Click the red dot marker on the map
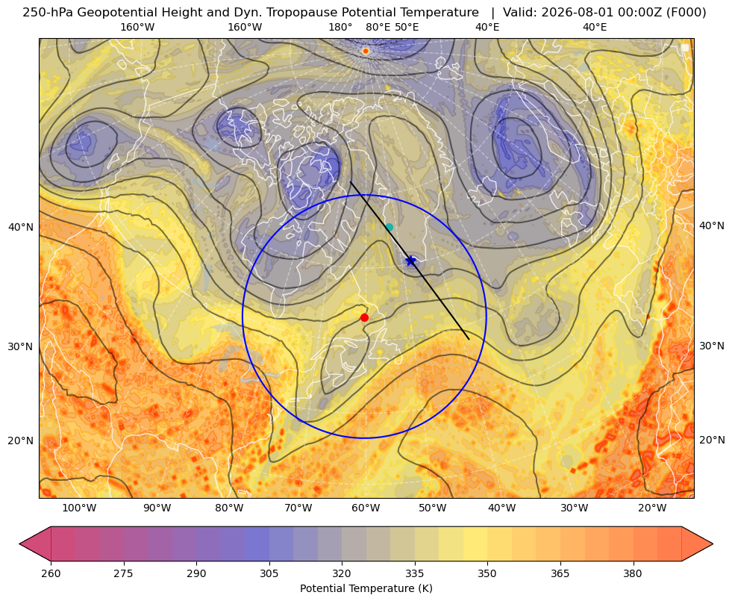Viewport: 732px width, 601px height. tap(365, 317)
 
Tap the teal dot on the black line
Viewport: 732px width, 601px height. tap(390, 228)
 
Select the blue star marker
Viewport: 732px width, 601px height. tap(411, 261)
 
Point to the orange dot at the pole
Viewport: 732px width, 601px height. tap(366, 51)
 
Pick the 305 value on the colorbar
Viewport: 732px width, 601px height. tap(269, 573)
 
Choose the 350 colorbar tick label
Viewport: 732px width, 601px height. tap(487, 573)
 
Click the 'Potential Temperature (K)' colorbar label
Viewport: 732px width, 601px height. tap(366, 588)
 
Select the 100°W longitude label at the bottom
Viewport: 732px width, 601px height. tap(79, 508)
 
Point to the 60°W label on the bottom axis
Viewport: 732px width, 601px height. tap(366, 508)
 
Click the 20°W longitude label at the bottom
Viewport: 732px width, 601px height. tap(652, 508)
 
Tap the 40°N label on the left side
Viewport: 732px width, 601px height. tap(21, 228)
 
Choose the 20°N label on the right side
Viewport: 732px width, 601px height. tap(712, 440)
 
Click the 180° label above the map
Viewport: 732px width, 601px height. tap(340, 27)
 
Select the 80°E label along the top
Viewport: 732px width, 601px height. tap(378, 27)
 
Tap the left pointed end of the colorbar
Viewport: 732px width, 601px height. tap(20, 544)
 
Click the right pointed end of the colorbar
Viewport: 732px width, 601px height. tap(713, 544)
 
